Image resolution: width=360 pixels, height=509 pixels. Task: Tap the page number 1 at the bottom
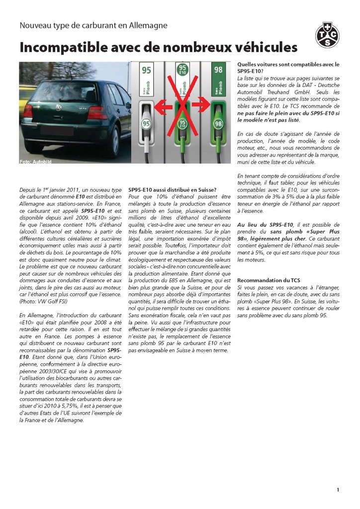[338, 490]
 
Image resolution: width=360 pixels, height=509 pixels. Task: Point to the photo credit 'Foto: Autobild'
[35, 162]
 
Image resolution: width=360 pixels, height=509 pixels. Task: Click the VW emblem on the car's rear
[59, 107]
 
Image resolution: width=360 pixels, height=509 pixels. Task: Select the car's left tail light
[28, 111]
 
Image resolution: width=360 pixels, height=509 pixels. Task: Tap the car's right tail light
[97, 113]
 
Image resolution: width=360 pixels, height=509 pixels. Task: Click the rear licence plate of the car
[58, 131]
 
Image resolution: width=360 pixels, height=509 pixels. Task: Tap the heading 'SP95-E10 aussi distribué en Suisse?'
[172, 189]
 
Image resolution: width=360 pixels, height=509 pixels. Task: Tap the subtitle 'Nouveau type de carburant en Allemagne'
[93, 25]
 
